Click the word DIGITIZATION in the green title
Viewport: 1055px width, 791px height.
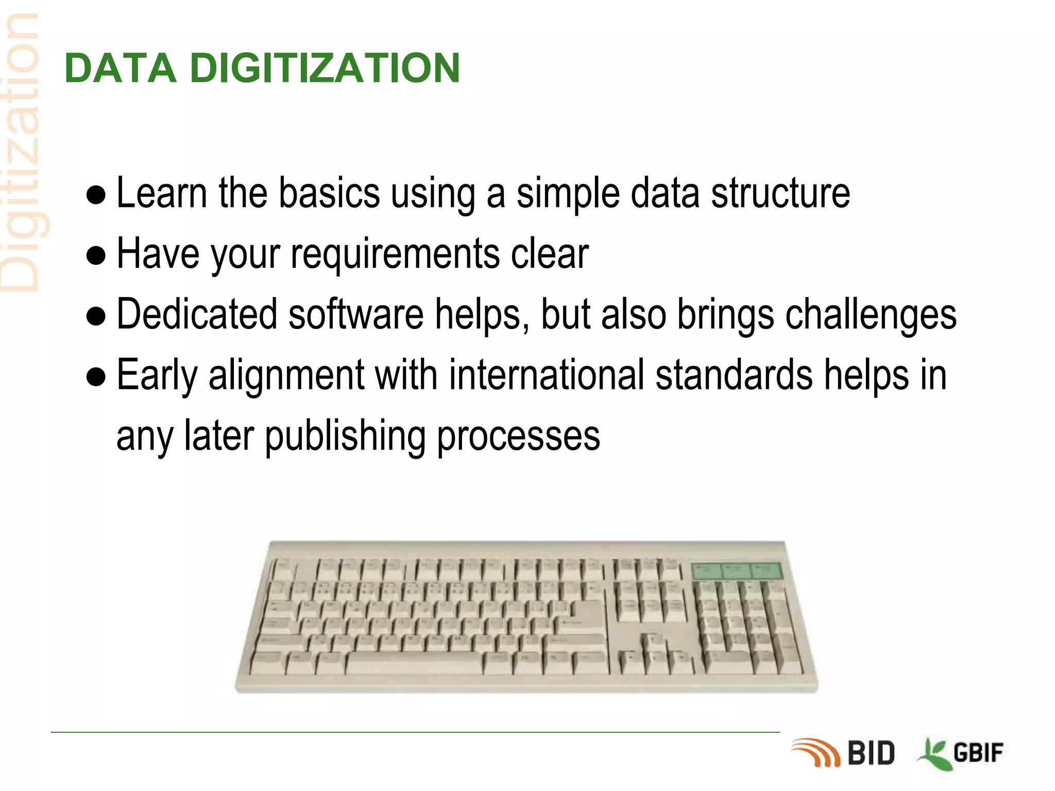(325, 68)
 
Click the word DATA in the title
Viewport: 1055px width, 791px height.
(120, 68)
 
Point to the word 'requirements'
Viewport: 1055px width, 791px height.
(395, 254)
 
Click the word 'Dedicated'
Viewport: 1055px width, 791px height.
(197, 314)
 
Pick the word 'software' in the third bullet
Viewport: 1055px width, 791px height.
(356, 314)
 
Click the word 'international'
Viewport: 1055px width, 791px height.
(547, 375)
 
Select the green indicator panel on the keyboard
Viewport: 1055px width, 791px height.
(736, 571)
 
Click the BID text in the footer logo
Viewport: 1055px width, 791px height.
(871, 753)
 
